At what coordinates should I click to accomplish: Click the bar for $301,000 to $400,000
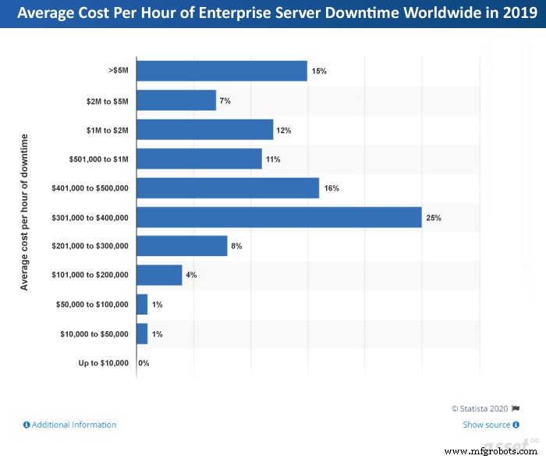coord(278,217)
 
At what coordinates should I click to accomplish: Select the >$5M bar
coord(222,71)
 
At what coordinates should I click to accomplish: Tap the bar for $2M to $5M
coord(176,101)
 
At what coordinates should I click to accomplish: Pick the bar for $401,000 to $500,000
coord(228,188)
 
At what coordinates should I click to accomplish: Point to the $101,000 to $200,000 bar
coord(159,275)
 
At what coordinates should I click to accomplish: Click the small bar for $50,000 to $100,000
coord(142,304)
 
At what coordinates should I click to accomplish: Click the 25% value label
coord(434,218)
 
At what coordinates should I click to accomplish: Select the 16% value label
coord(331,188)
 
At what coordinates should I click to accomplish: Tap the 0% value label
coord(144,363)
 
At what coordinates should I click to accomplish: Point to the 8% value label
coord(236,246)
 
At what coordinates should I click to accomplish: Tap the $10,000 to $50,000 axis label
coord(94,334)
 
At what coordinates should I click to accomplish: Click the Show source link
coord(487,425)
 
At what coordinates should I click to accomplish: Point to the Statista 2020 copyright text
coord(480,407)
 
